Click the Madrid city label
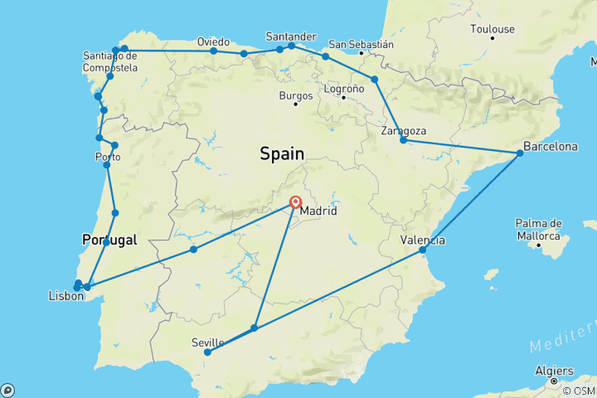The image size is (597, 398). pyautogui.click(x=318, y=211)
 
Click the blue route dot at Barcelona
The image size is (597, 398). pyautogui.click(x=520, y=153)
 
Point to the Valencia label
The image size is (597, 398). pyautogui.click(x=422, y=240)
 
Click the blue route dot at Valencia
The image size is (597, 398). pyautogui.click(x=422, y=250)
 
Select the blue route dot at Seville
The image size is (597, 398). pyautogui.click(x=207, y=352)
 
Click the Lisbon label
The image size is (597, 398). pyautogui.click(x=66, y=294)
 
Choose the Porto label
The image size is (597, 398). pyautogui.click(x=108, y=157)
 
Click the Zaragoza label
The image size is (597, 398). pyautogui.click(x=404, y=131)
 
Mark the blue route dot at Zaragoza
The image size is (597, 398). pyautogui.click(x=403, y=140)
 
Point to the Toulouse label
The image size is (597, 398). pyautogui.click(x=492, y=29)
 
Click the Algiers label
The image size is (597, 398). pyautogui.click(x=554, y=371)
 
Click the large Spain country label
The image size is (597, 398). pyautogui.click(x=282, y=153)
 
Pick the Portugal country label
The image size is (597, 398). pyautogui.click(x=109, y=240)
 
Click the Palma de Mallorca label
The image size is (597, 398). pyautogui.click(x=539, y=229)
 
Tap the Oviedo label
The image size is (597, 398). pyautogui.click(x=213, y=41)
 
